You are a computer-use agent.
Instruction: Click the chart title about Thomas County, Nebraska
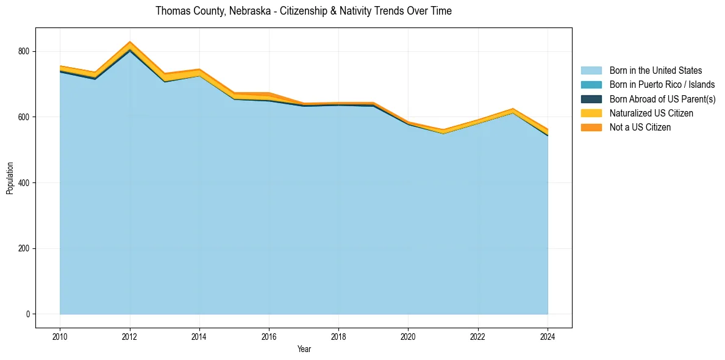(x=303, y=11)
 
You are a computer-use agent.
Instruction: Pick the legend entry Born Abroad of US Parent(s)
(x=662, y=99)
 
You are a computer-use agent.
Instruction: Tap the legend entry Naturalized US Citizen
(x=651, y=113)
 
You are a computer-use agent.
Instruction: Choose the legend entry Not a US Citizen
(x=640, y=128)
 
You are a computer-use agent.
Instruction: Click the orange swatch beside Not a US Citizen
(x=591, y=128)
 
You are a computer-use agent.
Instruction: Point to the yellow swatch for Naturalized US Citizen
(x=591, y=113)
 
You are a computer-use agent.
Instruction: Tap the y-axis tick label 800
(x=24, y=51)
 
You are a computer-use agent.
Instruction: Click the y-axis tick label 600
(x=24, y=117)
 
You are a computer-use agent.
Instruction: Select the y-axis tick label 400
(x=24, y=183)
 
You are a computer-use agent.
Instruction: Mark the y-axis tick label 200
(x=24, y=249)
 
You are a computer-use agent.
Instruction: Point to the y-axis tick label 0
(x=27, y=314)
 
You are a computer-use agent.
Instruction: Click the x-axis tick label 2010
(x=60, y=336)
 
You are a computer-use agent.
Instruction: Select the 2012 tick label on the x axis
(x=129, y=336)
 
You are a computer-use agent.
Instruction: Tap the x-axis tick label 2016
(x=269, y=336)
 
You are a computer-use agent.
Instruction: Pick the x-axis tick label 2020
(x=408, y=336)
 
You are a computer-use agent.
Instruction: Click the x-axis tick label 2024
(x=548, y=336)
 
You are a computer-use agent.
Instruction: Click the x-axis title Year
(x=304, y=349)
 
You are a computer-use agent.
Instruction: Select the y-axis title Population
(x=10, y=178)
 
